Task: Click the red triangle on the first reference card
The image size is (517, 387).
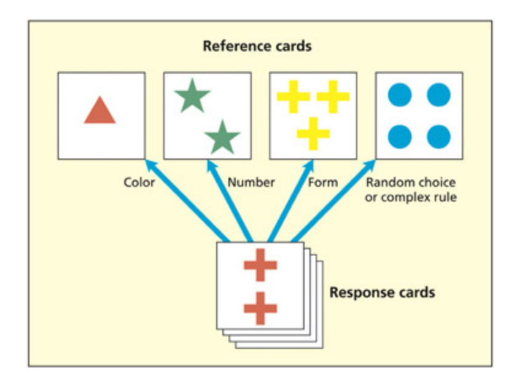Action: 100,112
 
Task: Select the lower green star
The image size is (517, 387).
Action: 222,137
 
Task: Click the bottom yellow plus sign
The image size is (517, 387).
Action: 313,133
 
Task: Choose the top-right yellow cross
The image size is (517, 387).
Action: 333,97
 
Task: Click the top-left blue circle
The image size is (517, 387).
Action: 400,95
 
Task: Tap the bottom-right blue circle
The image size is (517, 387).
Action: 438,136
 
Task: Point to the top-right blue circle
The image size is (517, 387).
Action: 438,95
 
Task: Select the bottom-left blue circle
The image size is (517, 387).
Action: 400,136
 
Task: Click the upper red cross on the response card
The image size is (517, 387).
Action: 260,266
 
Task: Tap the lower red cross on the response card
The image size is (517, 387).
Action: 260,308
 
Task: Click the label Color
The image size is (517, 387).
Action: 139,182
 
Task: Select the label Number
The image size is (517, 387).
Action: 251,182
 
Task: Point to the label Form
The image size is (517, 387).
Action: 323,182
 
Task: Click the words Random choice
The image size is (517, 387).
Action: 410,182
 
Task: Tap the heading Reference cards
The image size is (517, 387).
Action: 257,47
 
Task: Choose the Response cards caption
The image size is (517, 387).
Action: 382,292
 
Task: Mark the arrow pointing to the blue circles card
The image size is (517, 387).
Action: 335,200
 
